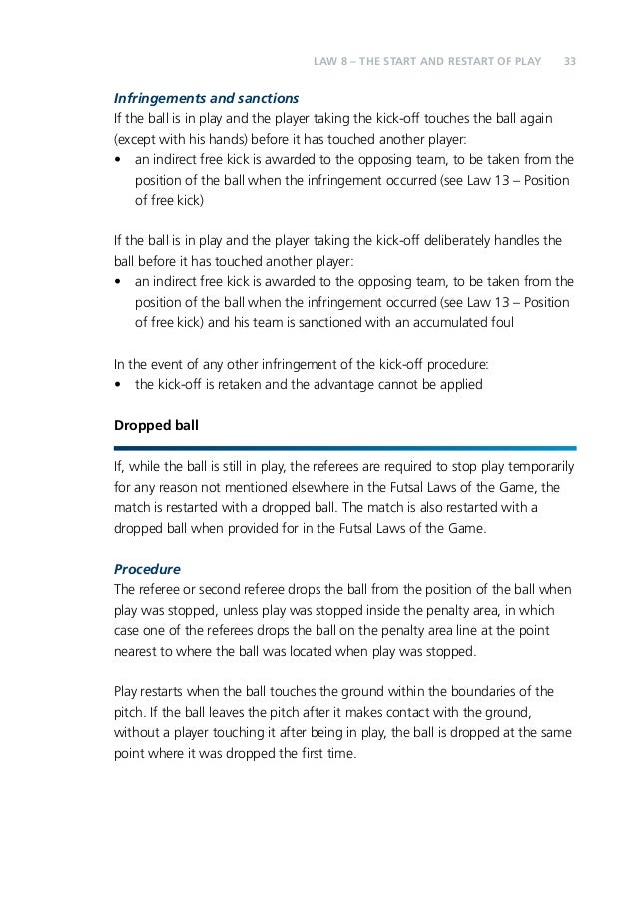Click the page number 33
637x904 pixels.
(x=570, y=61)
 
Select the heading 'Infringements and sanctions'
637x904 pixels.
(x=207, y=99)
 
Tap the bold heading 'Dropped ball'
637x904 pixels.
(x=157, y=425)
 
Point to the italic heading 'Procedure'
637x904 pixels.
(x=147, y=569)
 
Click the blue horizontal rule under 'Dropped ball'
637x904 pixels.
(x=344, y=447)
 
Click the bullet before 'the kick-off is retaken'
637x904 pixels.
(x=120, y=384)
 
